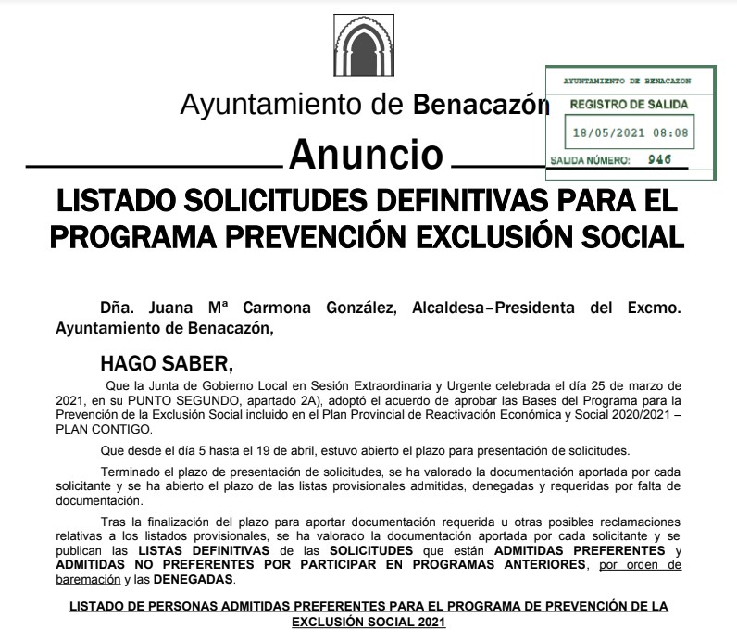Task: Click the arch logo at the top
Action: coord(368,50)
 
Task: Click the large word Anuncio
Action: coord(367,154)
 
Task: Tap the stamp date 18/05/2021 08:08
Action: coord(631,132)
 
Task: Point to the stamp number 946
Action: coord(659,159)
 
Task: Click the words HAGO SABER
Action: coord(162,361)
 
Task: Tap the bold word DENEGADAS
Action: coord(194,580)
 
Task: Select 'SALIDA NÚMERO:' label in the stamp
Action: coord(590,160)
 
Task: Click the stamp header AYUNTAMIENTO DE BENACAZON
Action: coord(628,82)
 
